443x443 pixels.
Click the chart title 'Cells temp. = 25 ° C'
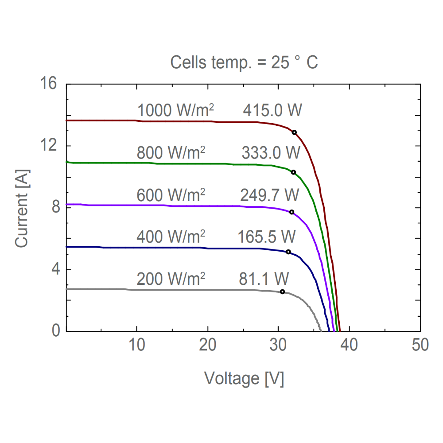coord(244,62)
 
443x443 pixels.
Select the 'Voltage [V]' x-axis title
coord(244,378)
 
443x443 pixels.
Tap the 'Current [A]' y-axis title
coord(22,208)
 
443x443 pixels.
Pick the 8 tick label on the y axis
coord(53,207)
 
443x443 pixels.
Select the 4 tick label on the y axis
coord(53,269)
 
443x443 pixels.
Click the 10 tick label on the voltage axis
coord(137,345)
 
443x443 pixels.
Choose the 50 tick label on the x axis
coord(420,345)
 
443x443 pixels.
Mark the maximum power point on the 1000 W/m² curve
coord(294,132)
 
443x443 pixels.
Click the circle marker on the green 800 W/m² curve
coord(293,172)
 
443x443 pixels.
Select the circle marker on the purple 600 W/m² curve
coord(291,212)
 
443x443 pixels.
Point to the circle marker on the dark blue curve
coord(288,252)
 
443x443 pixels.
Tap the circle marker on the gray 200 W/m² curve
coord(282,291)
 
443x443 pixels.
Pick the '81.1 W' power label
coord(264,279)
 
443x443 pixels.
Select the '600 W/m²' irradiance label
coord(171,194)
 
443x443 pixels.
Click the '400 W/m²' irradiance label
coord(171,237)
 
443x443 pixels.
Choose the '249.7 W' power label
coord(270,194)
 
